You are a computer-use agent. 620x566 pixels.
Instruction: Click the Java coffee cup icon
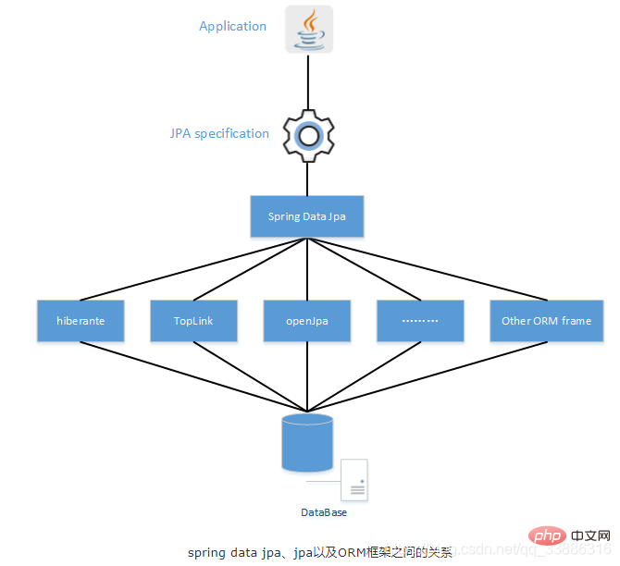(x=308, y=30)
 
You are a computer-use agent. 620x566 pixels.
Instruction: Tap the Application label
(x=232, y=26)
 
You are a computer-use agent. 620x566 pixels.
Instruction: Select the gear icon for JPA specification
(x=307, y=136)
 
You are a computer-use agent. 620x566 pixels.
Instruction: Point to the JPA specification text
(x=219, y=133)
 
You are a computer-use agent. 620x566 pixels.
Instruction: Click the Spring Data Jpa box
(x=307, y=216)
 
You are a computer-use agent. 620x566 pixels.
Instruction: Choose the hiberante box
(x=81, y=321)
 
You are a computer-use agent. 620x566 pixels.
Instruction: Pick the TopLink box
(x=193, y=321)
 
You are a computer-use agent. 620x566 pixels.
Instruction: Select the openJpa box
(x=307, y=321)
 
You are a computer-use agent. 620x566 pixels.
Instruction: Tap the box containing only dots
(x=420, y=321)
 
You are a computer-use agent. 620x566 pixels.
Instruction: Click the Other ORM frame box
(x=545, y=321)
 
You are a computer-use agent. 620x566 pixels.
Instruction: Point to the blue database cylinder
(x=307, y=443)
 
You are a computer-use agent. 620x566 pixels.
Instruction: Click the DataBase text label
(x=323, y=511)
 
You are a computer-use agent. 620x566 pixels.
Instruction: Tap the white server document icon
(x=354, y=481)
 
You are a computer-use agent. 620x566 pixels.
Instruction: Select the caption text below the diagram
(x=319, y=552)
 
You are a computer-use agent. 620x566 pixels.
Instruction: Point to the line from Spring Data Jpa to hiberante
(x=194, y=269)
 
